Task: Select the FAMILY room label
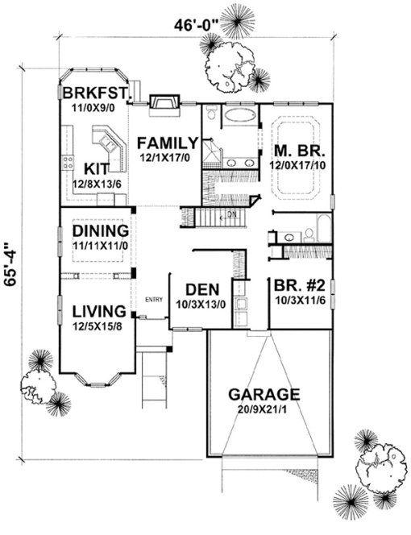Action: click(x=167, y=143)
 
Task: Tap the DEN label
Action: click(x=199, y=290)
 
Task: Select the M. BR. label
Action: click(x=296, y=150)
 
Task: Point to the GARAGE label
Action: click(x=264, y=395)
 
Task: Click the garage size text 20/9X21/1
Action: click(x=264, y=410)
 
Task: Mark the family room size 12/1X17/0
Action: click(x=167, y=157)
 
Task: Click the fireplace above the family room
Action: click(x=164, y=102)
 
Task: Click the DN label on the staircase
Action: click(x=230, y=214)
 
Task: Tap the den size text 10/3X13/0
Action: click(x=199, y=305)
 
